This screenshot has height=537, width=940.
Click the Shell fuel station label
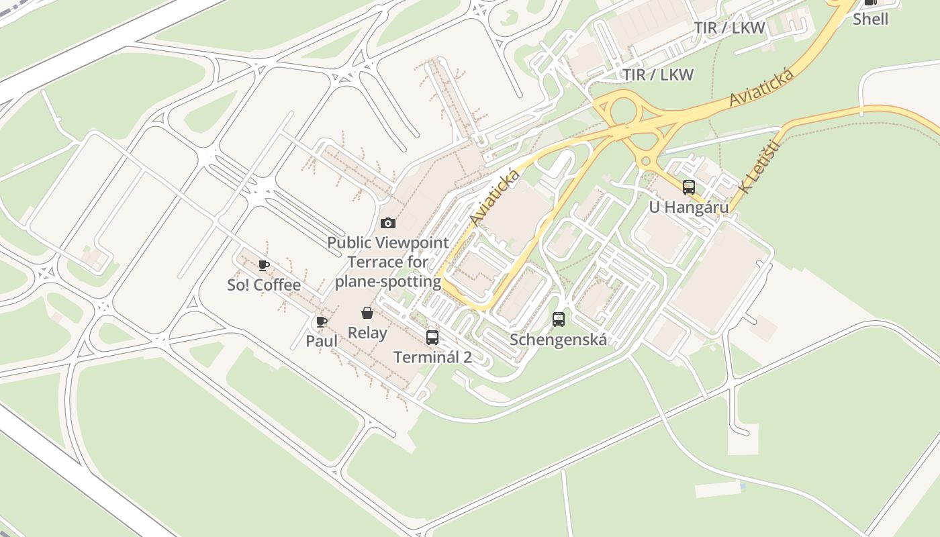pyautogui.click(x=870, y=19)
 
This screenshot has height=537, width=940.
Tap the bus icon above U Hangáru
pyautogui.click(x=689, y=187)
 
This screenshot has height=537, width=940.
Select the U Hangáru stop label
pyautogui.click(x=688, y=207)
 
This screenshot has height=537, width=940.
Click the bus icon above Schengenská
pyautogui.click(x=559, y=320)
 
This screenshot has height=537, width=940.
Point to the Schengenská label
pyautogui.click(x=559, y=340)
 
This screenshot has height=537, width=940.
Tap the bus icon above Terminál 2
pyautogui.click(x=432, y=337)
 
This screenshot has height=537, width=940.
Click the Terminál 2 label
pyautogui.click(x=432, y=357)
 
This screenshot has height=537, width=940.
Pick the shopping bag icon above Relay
pyautogui.click(x=367, y=313)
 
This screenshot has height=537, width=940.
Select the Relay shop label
pyautogui.click(x=367, y=333)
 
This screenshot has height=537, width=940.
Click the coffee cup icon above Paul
pyautogui.click(x=322, y=322)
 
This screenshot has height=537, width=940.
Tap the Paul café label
pyautogui.click(x=322, y=341)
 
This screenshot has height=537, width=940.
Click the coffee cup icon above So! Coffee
pyautogui.click(x=264, y=265)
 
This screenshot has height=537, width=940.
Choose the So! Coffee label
pyautogui.click(x=264, y=285)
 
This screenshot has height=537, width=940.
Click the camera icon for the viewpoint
pyautogui.click(x=388, y=223)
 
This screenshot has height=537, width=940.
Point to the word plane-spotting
pyautogui.click(x=388, y=281)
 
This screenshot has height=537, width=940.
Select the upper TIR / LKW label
pyautogui.click(x=729, y=28)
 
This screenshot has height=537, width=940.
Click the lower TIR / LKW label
pyautogui.click(x=658, y=75)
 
